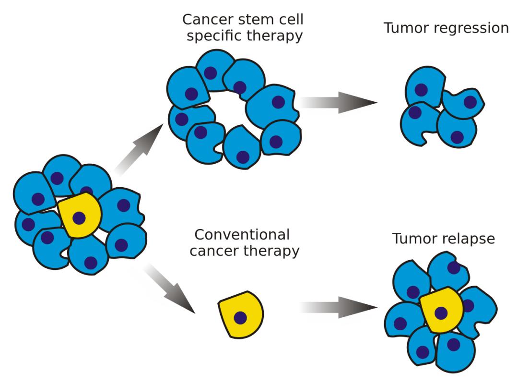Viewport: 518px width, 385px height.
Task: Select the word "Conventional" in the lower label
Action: click(x=242, y=235)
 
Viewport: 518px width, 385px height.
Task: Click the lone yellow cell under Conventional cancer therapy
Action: click(x=241, y=314)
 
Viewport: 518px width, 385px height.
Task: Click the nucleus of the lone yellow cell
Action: click(x=240, y=317)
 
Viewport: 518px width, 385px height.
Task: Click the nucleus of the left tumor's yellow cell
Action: click(x=79, y=218)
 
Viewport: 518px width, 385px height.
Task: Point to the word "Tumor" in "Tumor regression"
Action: click(x=405, y=28)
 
